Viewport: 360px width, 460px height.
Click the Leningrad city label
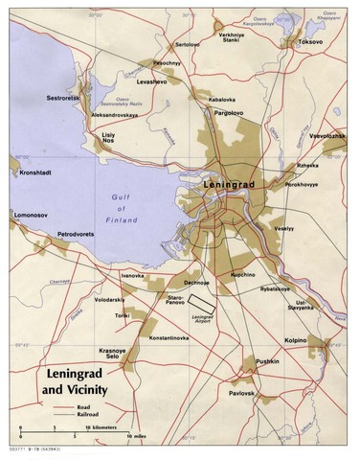point(235,181)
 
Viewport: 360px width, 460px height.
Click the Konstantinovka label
point(175,339)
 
